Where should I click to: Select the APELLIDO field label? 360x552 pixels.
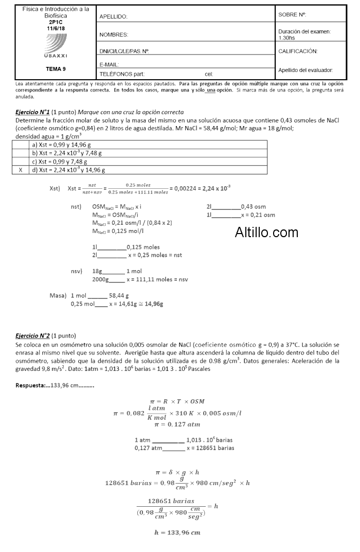click(x=113, y=17)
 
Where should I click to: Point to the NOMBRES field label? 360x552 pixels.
click(x=114, y=35)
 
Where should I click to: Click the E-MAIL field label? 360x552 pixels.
click(x=109, y=64)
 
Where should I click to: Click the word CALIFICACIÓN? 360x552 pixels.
click(x=298, y=51)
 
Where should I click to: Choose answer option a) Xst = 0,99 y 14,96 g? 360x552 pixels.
click(x=66, y=145)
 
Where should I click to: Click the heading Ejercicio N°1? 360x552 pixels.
click(x=33, y=112)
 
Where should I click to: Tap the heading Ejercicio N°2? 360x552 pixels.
click(x=33, y=335)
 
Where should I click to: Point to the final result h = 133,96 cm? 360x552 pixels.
click(x=177, y=532)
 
